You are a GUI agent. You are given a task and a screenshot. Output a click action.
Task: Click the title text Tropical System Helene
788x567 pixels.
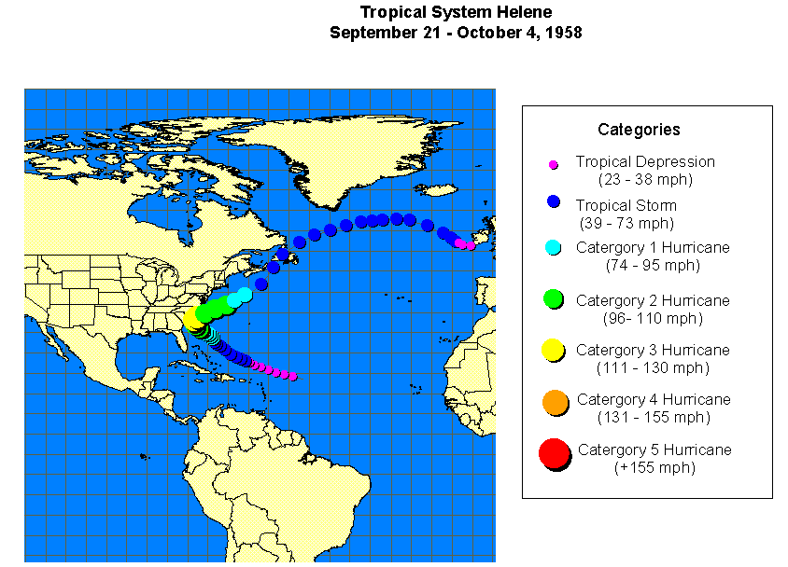click(x=456, y=12)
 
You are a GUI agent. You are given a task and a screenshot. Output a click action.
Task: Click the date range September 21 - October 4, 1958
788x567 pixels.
click(x=456, y=32)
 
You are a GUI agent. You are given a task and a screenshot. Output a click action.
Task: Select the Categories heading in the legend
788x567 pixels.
click(x=639, y=130)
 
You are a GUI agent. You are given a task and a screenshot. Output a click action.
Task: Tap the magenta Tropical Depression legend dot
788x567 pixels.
click(x=553, y=165)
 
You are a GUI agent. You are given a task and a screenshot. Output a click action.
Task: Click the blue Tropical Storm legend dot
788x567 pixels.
click(x=553, y=202)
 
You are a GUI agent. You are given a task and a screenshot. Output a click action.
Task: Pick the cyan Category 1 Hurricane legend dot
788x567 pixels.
click(x=553, y=248)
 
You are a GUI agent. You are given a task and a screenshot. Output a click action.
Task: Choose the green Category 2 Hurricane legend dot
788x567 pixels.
click(x=553, y=298)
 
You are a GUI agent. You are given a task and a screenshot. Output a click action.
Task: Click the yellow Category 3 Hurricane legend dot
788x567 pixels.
click(x=553, y=350)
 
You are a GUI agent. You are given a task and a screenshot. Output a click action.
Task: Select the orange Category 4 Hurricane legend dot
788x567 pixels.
click(x=554, y=402)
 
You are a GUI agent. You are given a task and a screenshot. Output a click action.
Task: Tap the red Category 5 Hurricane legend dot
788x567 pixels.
click(x=555, y=454)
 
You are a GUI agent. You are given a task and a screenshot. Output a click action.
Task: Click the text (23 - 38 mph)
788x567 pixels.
click(x=645, y=180)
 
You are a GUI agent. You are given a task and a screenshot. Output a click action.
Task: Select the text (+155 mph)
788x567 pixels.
click(x=654, y=467)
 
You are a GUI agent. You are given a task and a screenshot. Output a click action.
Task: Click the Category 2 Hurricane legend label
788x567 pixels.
click(x=653, y=300)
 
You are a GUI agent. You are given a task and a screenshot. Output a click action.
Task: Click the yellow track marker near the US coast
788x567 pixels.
click(x=193, y=319)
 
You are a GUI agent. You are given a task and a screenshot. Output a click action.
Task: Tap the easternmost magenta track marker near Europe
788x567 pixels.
click(x=471, y=245)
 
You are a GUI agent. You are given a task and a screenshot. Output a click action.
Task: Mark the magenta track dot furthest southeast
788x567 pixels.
click(x=292, y=377)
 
